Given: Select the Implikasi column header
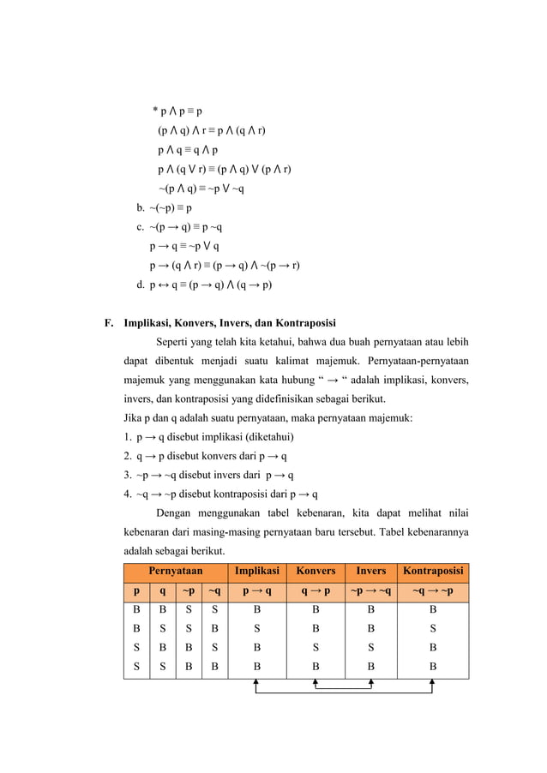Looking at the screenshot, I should (257, 571).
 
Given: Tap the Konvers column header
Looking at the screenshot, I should (316, 571).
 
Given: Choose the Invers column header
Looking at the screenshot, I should (370, 571).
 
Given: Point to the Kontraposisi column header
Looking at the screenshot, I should (433, 571).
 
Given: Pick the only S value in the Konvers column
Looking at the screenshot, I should (316, 646).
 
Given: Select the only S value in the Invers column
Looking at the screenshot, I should (370, 646).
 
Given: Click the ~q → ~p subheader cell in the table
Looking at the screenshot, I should (433, 591).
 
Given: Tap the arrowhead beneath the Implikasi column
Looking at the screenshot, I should (257, 683).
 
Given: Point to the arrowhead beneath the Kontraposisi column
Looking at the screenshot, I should (431, 683).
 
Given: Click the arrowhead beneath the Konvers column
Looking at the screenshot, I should (316, 683).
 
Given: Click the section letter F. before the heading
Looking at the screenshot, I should (108, 324).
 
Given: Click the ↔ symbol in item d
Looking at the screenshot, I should (162, 285).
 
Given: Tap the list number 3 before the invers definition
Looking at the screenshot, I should (127, 476).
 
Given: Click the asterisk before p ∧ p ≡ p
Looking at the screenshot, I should (155, 111).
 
